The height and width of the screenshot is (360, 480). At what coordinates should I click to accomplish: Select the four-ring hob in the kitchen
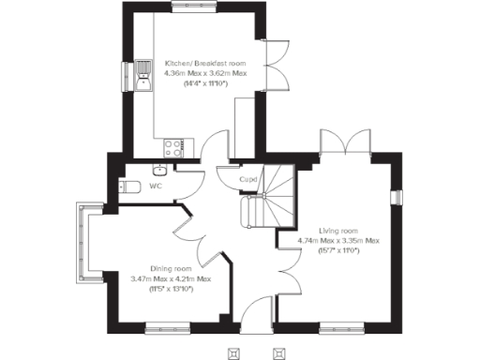174,146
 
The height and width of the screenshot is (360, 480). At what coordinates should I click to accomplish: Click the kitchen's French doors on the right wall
272,66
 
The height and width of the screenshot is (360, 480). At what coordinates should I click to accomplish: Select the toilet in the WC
131,187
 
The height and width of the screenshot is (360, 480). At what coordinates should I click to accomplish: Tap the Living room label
337,231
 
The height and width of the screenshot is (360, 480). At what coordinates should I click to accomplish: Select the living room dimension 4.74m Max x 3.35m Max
337,241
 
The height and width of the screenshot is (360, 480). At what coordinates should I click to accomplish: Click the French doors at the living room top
347,145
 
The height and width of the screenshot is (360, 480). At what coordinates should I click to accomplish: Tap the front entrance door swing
254,314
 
